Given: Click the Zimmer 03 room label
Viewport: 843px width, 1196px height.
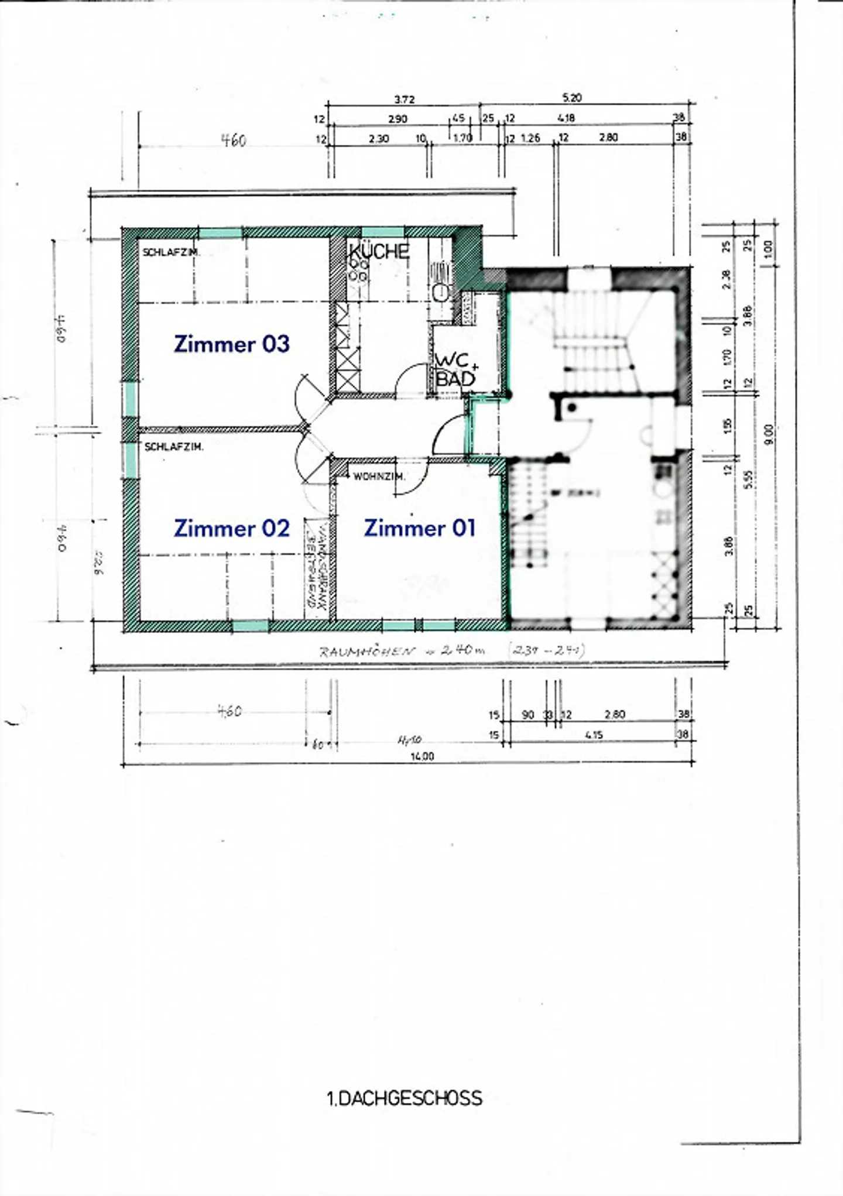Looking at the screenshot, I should (x=232, y=344).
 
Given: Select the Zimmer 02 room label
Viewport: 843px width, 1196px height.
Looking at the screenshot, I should (x=232, y=528).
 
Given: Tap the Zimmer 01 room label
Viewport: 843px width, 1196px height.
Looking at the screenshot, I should (x=419, y=528).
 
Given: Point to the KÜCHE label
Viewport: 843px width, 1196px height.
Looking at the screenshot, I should (x=379, y=251).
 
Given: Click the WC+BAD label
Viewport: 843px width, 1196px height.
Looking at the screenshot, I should (x=455, y=371).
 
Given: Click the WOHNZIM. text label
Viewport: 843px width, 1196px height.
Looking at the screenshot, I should (x=379, y=477).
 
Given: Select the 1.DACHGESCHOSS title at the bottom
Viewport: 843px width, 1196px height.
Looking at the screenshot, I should (x=405, y=1098).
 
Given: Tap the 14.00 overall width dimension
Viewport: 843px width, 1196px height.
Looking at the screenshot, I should (x=421, y=756).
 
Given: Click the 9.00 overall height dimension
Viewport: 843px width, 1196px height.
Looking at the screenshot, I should (x=769, y=434).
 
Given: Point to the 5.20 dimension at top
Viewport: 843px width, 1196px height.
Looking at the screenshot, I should (x=571, y=98).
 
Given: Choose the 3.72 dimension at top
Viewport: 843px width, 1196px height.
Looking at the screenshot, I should (x=404, y=100).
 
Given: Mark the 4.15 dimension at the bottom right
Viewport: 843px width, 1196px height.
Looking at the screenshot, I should (x=594, y=735).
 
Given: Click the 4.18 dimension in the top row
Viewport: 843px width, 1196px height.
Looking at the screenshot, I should (x=566, y=118).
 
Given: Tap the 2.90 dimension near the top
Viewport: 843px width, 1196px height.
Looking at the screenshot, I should (x=397, y=119).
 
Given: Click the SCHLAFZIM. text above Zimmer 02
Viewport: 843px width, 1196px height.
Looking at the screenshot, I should (x=174, y=447).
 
